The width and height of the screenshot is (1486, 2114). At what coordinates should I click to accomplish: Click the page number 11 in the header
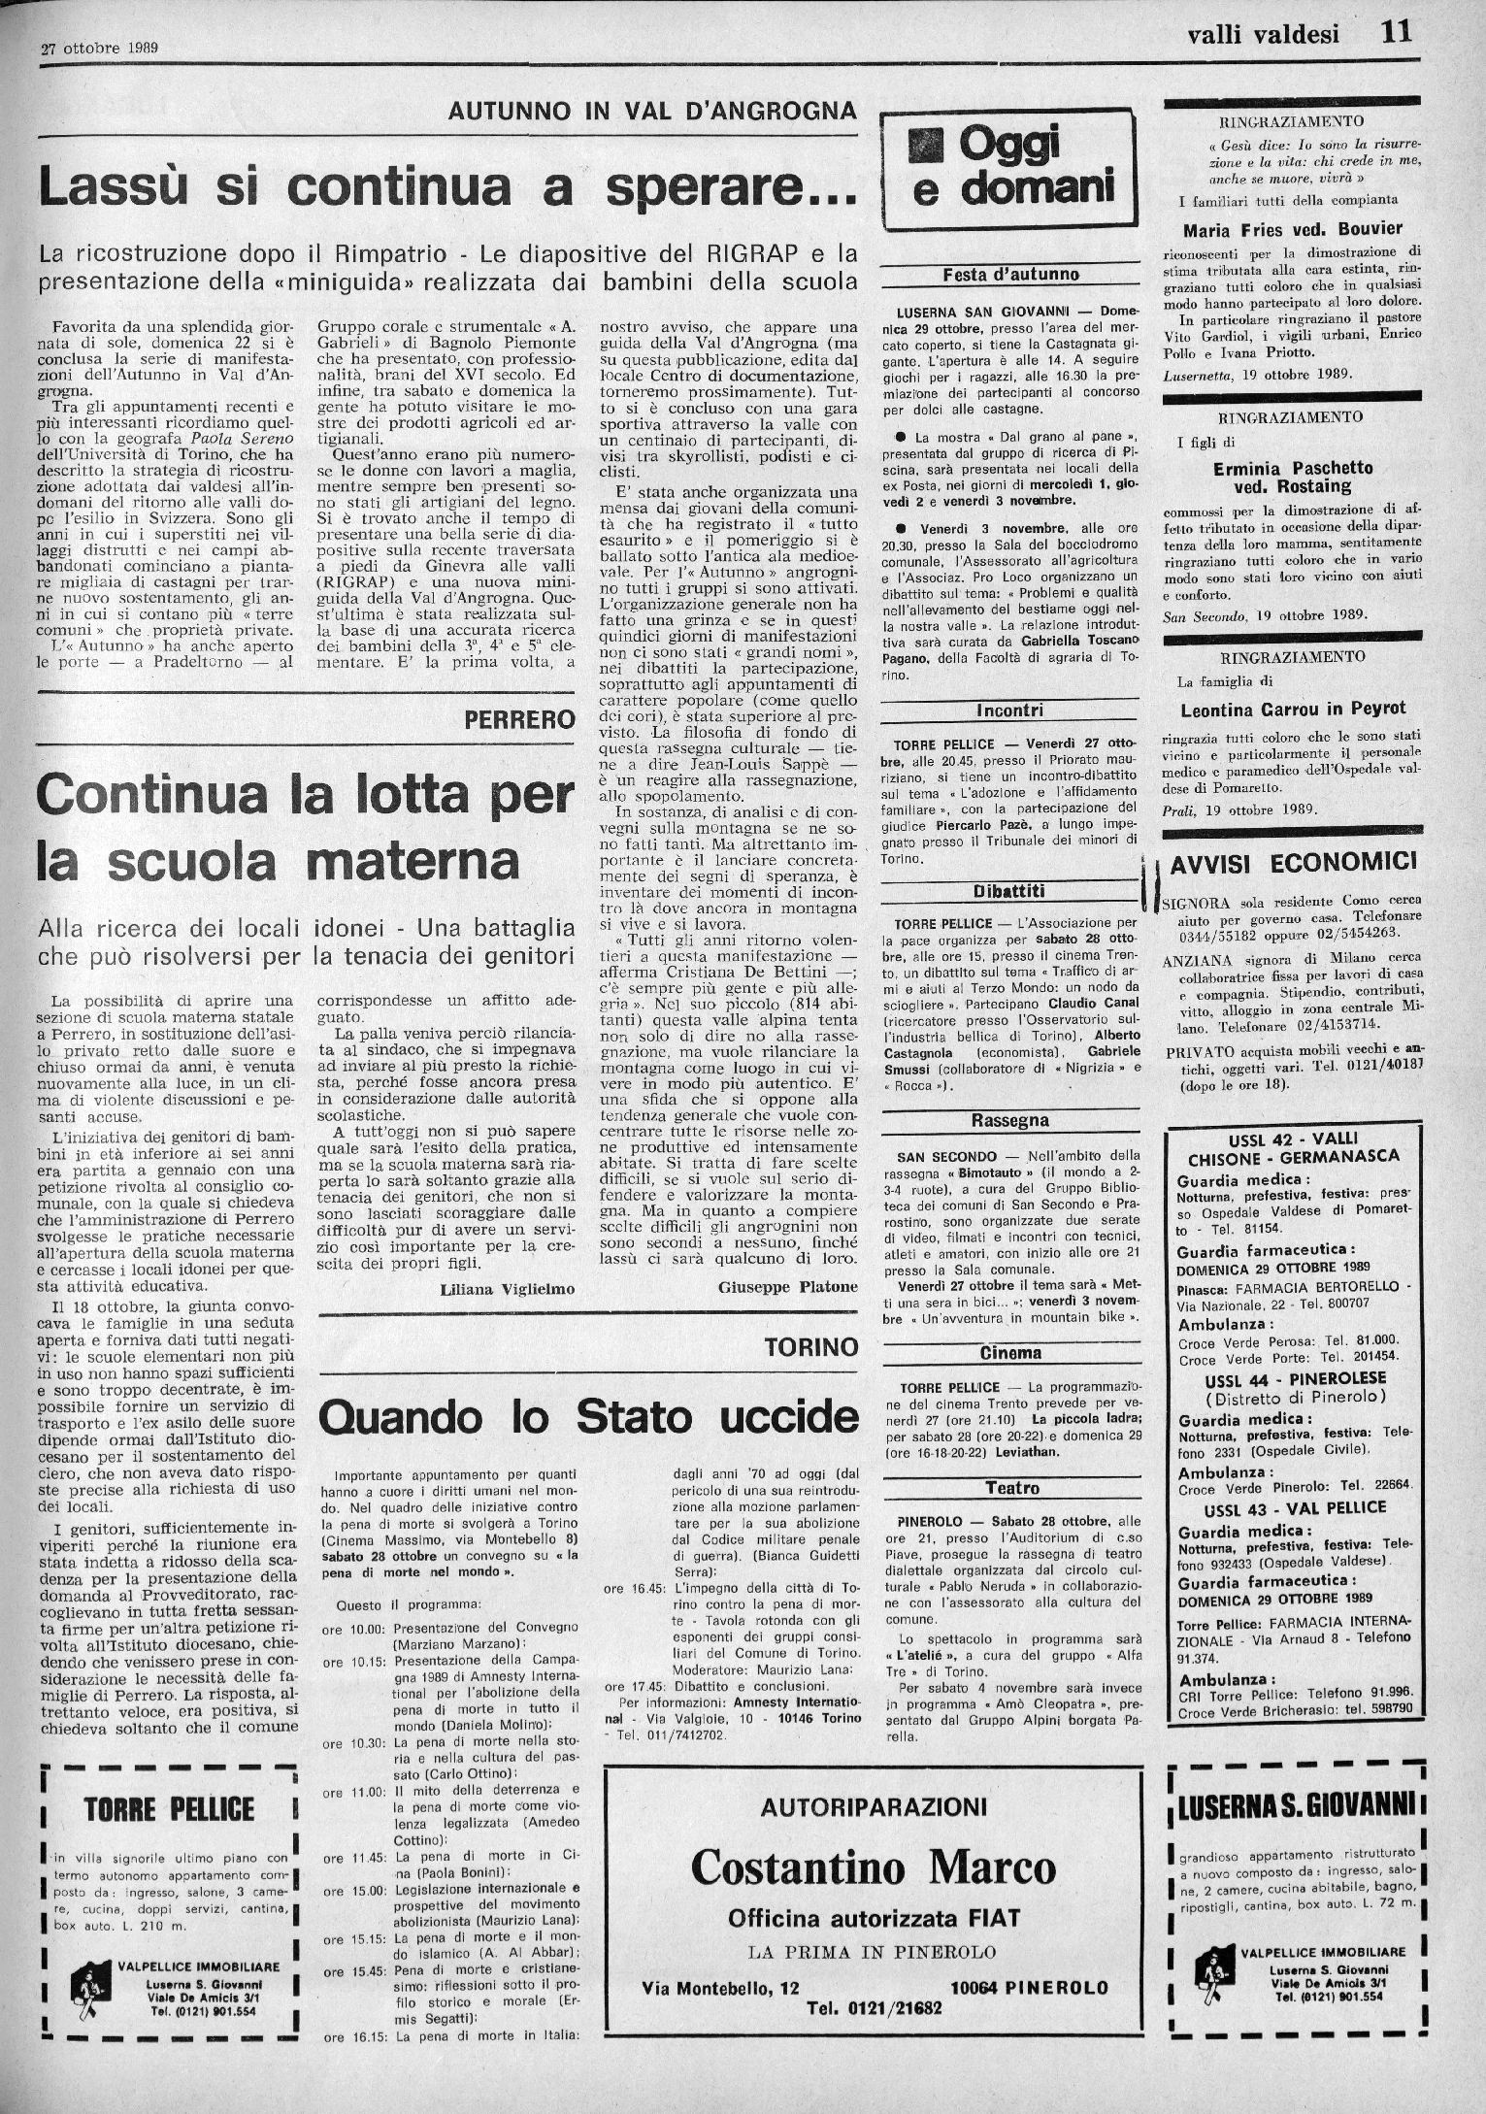1397,32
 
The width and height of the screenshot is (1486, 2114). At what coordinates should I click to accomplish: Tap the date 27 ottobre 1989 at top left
99,47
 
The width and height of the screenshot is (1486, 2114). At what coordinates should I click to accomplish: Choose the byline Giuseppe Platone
788,1287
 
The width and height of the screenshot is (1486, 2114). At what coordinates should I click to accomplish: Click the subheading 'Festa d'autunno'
1009,275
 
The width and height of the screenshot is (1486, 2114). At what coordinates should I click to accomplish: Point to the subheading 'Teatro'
1011,1487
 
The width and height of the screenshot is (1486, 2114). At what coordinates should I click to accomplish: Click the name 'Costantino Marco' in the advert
873,1866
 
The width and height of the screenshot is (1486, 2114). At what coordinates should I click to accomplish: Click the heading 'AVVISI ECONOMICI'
1294,862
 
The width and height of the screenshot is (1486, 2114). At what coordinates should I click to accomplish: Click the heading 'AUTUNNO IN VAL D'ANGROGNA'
652,111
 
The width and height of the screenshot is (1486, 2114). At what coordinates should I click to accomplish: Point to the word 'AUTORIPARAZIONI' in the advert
873,1806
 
